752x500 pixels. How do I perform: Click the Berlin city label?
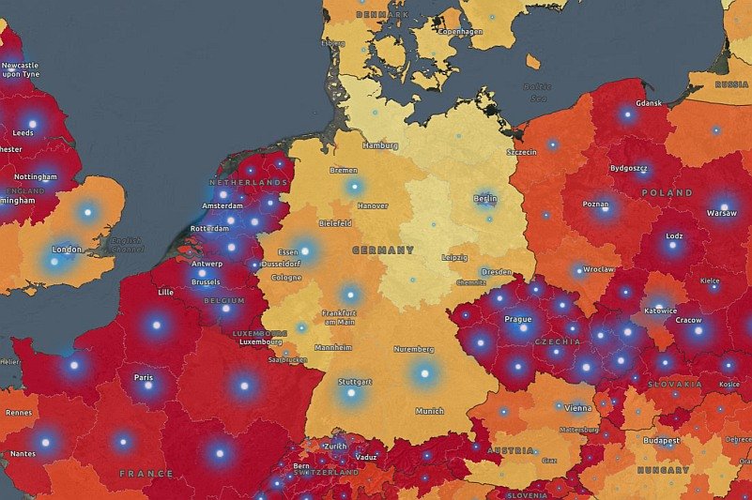pos(485,199)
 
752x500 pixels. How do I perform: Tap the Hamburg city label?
pos(380,145)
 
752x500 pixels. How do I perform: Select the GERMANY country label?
pos(382,250)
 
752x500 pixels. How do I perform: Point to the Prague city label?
pos(518,319)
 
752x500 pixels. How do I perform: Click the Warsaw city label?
pos(721,213)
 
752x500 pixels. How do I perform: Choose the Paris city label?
pos(144,377)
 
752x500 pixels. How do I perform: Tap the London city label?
pos(67,250)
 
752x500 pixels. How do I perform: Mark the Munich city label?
pos(429,411)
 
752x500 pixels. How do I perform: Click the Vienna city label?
pos(578,408)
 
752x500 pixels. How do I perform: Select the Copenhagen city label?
pos(459,31)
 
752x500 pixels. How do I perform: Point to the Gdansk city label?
pos(649,103)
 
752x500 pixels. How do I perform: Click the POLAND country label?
pos(667,192)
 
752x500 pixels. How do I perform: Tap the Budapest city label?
pos(661,440)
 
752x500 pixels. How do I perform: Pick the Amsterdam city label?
pos(223,205)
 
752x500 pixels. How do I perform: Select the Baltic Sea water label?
pos(536,92)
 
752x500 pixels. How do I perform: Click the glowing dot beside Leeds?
pos(32,123)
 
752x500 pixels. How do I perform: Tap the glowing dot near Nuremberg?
pos(423,373)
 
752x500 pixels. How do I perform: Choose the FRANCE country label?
pos(146,474)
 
